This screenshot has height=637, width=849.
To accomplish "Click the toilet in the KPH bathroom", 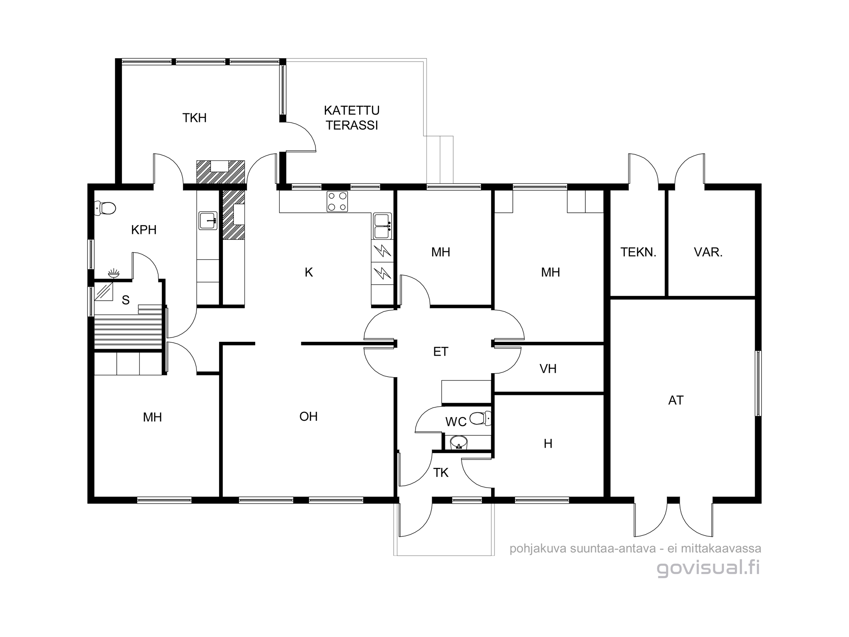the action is [105, 208].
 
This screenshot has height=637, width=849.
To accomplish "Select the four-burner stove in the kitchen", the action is [337, 201].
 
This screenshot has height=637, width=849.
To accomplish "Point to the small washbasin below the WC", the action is [458, 443].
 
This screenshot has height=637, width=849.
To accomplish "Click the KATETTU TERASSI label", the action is [351, 118].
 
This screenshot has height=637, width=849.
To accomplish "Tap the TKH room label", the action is [194, 118].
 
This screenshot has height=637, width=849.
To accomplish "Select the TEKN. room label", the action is [638, 252].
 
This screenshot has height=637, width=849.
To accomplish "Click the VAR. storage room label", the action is [708, 252].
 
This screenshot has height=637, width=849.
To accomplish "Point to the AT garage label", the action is [676, 400].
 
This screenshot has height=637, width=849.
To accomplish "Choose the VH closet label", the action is [548, 369].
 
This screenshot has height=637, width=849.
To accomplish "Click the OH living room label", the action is [309, 417].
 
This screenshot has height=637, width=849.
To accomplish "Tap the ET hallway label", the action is [441, 352].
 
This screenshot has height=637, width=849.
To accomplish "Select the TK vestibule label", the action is [441, 473].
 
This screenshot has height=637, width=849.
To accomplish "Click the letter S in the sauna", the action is [126, 300].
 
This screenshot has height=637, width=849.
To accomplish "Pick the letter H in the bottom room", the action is [548, 444].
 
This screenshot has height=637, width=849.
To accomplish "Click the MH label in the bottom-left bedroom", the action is [152, 417].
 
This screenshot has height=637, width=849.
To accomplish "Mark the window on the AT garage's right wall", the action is [758, 383].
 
